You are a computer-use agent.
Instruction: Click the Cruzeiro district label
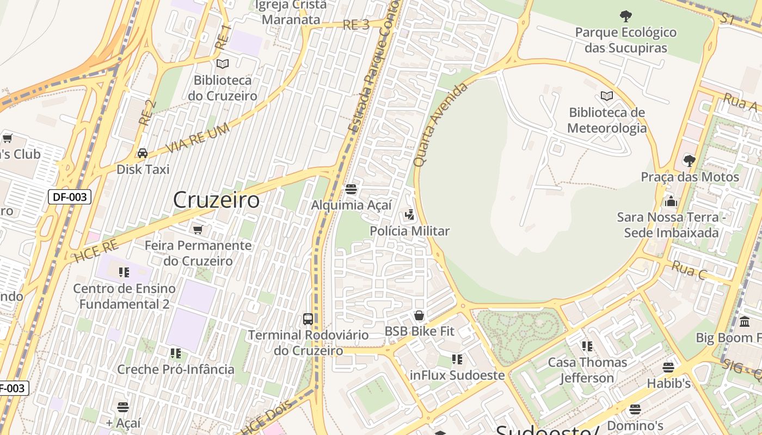tap(216, 200)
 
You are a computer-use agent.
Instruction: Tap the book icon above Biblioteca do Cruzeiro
tap(223, 64)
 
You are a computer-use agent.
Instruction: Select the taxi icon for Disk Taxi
tap(143, 153)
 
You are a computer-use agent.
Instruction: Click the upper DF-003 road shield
tap(70, 197)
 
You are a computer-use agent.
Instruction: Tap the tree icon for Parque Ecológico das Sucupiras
tap(626, 16)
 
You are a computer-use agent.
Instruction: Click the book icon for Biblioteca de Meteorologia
tap(607, 96)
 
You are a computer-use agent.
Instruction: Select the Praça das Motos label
tap(690, 177)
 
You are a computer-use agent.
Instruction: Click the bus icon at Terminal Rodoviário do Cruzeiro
tap(308, 319)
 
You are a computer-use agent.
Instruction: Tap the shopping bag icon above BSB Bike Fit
tap(419, 315)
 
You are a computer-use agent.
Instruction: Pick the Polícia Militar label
tap(409, 231)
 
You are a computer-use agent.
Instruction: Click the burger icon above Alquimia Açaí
tap(351, 189)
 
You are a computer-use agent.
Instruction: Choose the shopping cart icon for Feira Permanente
tap(198, 229)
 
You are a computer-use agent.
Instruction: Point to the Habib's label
tap(668, 383)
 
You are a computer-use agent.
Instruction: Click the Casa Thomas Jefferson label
tap(587, 370)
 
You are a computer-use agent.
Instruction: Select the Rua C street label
tap(689, 270)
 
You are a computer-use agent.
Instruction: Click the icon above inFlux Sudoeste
tap(457, 359)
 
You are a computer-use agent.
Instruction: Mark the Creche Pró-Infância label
tap(176, 369)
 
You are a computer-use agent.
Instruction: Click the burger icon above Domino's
tap(635, 409)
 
